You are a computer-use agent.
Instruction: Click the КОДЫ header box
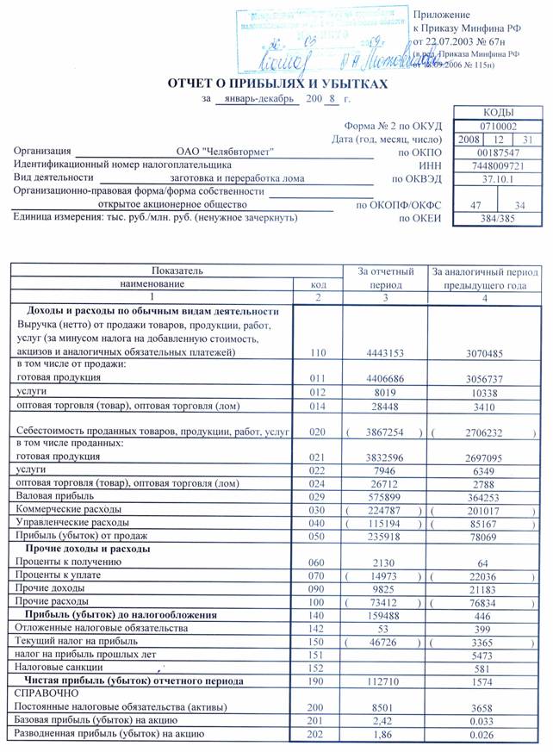tap(499, 113)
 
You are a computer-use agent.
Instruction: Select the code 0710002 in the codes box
tap(499, 126)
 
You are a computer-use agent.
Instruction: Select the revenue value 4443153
tap(385, 352)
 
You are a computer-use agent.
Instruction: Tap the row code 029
tap(318, 497)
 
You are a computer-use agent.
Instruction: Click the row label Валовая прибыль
tap(51, 497)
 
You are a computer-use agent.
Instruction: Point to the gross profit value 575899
tap(385, 497)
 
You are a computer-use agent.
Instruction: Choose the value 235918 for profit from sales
tap(385, 536)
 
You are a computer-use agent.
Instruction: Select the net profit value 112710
tap(385, 680)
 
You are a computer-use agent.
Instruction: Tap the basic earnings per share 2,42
tap(385, 720)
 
